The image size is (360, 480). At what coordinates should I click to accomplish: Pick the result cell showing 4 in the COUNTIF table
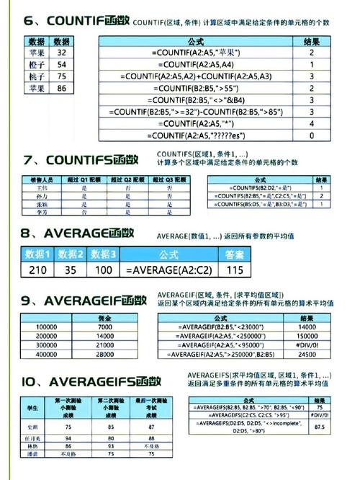312,123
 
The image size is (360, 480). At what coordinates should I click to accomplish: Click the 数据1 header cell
37,254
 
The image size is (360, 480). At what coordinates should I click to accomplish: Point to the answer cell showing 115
234,270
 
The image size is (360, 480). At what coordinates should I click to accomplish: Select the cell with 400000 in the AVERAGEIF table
47,355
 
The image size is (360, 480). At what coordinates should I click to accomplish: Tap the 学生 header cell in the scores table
32,409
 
